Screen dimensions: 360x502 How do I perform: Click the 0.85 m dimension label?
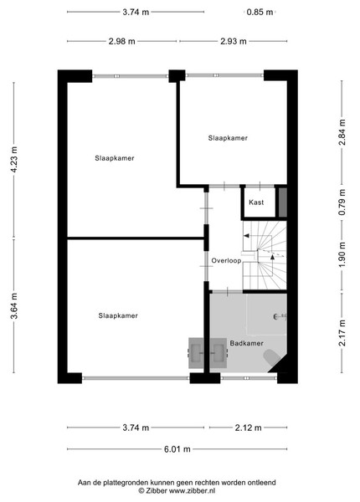point(260,13)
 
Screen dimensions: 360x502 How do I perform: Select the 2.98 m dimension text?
point(121,41)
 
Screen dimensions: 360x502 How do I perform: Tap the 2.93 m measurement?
point(234,41)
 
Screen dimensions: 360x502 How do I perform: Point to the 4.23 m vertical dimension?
point(14,160)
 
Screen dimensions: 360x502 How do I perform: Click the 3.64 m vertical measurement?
point(14,306)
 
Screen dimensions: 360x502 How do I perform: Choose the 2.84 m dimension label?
point(342,132)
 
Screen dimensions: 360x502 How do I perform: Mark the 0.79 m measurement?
point(342,202)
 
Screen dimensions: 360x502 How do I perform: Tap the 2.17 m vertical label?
point(342,333)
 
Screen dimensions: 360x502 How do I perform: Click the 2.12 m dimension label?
point(248,428)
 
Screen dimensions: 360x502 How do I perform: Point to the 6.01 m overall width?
point(177,449)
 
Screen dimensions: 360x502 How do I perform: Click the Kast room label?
point(256,202)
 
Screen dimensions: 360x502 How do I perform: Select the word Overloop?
point(226,261)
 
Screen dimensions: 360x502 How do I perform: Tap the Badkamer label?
point(247,344)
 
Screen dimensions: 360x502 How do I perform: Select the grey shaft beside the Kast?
point(282,202)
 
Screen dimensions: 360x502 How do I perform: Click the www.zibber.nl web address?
point(192,491)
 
